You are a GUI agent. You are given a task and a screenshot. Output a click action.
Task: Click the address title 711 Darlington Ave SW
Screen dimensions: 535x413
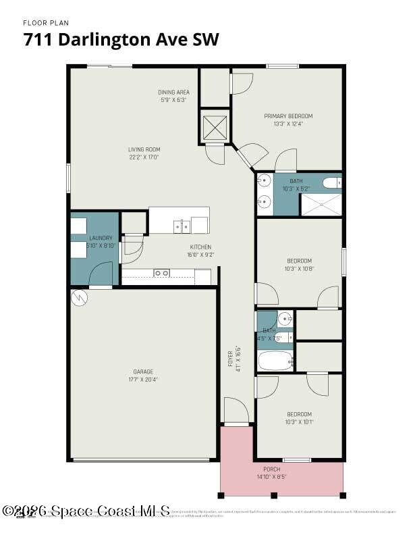pos(121,40)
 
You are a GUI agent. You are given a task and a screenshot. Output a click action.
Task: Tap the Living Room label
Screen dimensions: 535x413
pos(144,149)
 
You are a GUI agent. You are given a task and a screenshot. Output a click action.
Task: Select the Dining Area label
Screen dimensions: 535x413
pos(173,92)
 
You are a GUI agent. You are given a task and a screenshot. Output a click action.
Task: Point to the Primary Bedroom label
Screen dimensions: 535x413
pos(288,116)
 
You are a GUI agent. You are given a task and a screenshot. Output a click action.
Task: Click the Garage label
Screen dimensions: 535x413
pos(143,372)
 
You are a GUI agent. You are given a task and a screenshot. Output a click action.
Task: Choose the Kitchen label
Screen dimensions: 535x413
pos(200,247)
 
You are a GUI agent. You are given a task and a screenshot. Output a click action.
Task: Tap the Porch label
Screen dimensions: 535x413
pos(271,469)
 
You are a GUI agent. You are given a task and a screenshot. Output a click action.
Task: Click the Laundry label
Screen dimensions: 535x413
pos(101,238)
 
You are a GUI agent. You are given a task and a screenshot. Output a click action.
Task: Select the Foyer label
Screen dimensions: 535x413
pos(231,359)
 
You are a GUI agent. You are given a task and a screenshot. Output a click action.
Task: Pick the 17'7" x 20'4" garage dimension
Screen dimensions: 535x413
pos(143,380)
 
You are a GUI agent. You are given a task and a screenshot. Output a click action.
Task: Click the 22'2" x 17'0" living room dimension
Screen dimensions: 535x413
pos(144,157)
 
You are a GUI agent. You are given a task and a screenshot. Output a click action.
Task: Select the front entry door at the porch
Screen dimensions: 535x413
pos(236,413)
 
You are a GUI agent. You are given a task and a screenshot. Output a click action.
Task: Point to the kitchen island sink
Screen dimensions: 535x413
pos(182,226)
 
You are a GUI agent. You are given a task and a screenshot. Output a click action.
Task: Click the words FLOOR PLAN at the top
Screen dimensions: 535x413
pos(46,23)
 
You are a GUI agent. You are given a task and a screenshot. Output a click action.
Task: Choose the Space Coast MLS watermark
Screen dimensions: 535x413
pos(86,511)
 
